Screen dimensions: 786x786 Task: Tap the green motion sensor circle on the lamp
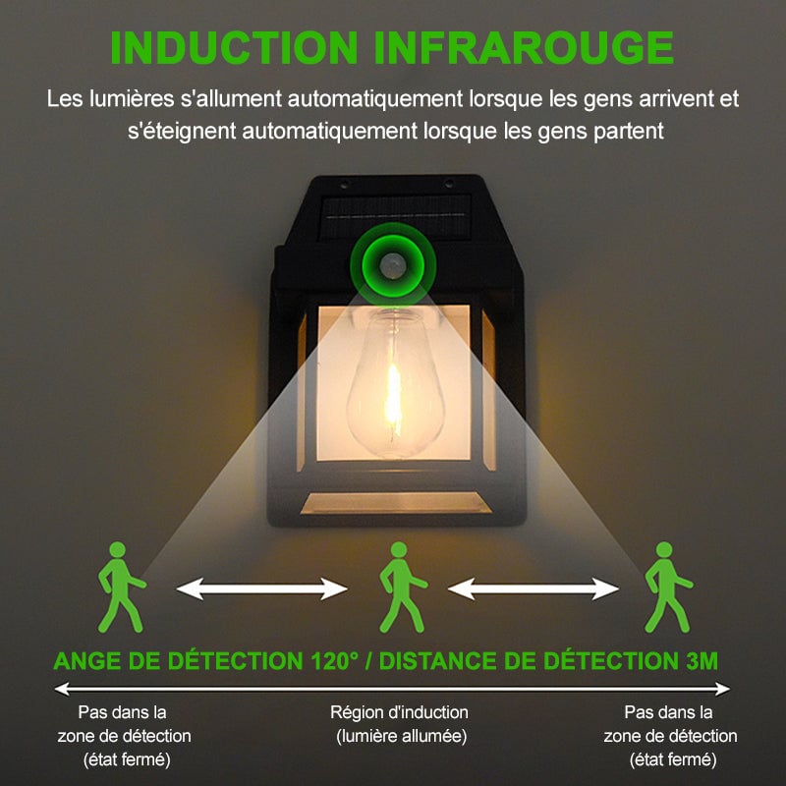pyautogui.click(x=393, y=262)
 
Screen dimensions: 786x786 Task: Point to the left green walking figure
pyautogui.click(x=120, y=587)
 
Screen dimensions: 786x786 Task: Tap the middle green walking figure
pyautogui.click(x=400, y=587)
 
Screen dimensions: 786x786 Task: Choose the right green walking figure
pyautogui.click(x=665, y=587)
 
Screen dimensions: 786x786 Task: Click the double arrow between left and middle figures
pyautogui.click(x=261, y=589)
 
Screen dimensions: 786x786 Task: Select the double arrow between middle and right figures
pyautogui.click(x=533, y=589)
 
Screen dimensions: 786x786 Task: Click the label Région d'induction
pyautogui.click(x=399, y=712)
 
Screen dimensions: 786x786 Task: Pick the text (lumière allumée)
pyautogui.click(x=401, y=736)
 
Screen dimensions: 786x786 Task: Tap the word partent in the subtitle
pyautogui.click(x=631, y=130)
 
